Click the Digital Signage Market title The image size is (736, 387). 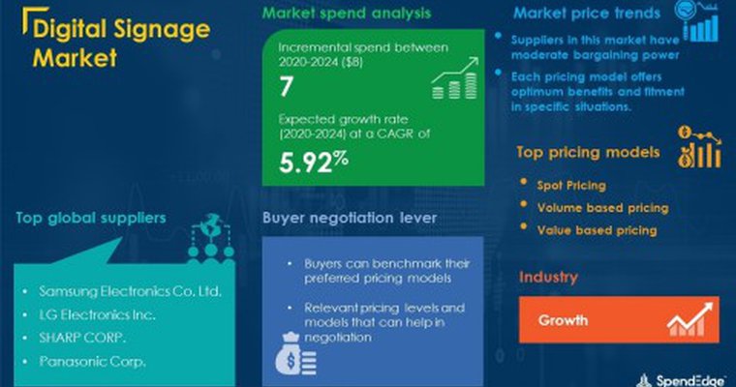point(121,44)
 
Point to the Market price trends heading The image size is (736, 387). point(587,15)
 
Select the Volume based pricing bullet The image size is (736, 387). point(601,207)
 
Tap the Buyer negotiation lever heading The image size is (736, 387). point(340,218)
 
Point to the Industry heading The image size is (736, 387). point(548,278)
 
